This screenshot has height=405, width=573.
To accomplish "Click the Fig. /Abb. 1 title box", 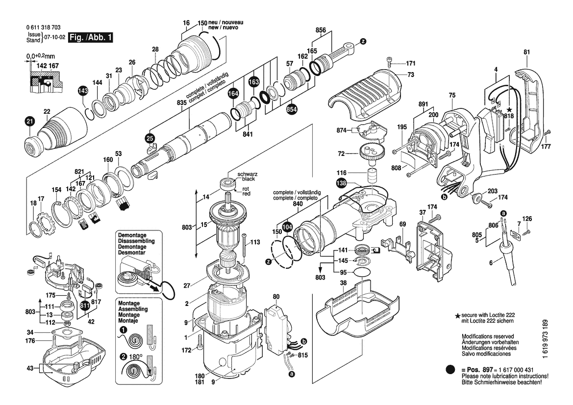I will tap(91, 38).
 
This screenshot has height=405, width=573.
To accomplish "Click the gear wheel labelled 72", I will tap(372, 154).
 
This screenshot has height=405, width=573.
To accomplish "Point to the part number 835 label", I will tap(182, 102).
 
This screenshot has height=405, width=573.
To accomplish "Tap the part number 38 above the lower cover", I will tap(343, 283).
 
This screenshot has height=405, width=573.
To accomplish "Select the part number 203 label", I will tap(492, 191).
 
